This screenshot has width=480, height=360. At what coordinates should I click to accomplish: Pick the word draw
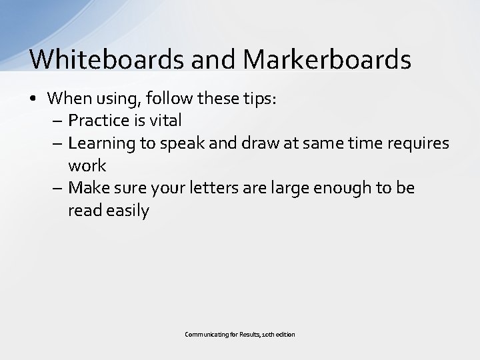(257, 143)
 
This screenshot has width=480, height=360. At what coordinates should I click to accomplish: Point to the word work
(87, 165)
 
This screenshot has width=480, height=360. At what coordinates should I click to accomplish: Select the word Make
(88, 188)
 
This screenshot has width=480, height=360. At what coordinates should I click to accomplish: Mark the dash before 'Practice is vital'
(57, 121)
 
